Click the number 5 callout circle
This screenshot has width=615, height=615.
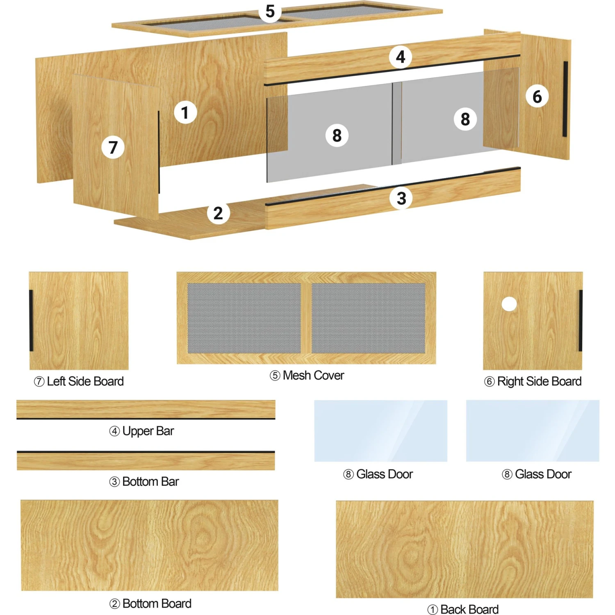coord(270,11)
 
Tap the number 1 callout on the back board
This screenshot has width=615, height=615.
coord(185,112)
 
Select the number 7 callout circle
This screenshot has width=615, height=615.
coord(113,147)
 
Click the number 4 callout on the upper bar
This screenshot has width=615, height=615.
coord(401,57)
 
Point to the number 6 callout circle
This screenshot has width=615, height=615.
coord(537,96)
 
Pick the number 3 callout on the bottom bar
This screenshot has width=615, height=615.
coord(401,198)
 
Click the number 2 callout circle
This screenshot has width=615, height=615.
coord(218,213)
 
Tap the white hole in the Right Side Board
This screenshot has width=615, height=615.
coord(509,304)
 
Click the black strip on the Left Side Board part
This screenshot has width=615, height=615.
coord(31,321)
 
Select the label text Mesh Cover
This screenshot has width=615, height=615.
coord(313,375)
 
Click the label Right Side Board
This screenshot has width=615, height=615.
coord(539,381)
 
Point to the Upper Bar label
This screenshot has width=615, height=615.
coord(148,431)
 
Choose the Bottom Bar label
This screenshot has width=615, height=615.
coord(150,481)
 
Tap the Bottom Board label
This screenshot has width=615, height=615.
coord(157,604)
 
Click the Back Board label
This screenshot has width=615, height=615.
coord(469,609)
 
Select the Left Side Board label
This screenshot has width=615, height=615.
coord(85,381)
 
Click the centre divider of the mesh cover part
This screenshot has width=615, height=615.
coord(306,318)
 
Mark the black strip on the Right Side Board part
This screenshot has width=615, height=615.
coord(581,321)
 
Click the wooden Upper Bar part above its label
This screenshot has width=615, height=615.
coord(146,410)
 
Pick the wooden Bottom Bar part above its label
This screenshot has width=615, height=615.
coord(146,460)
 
